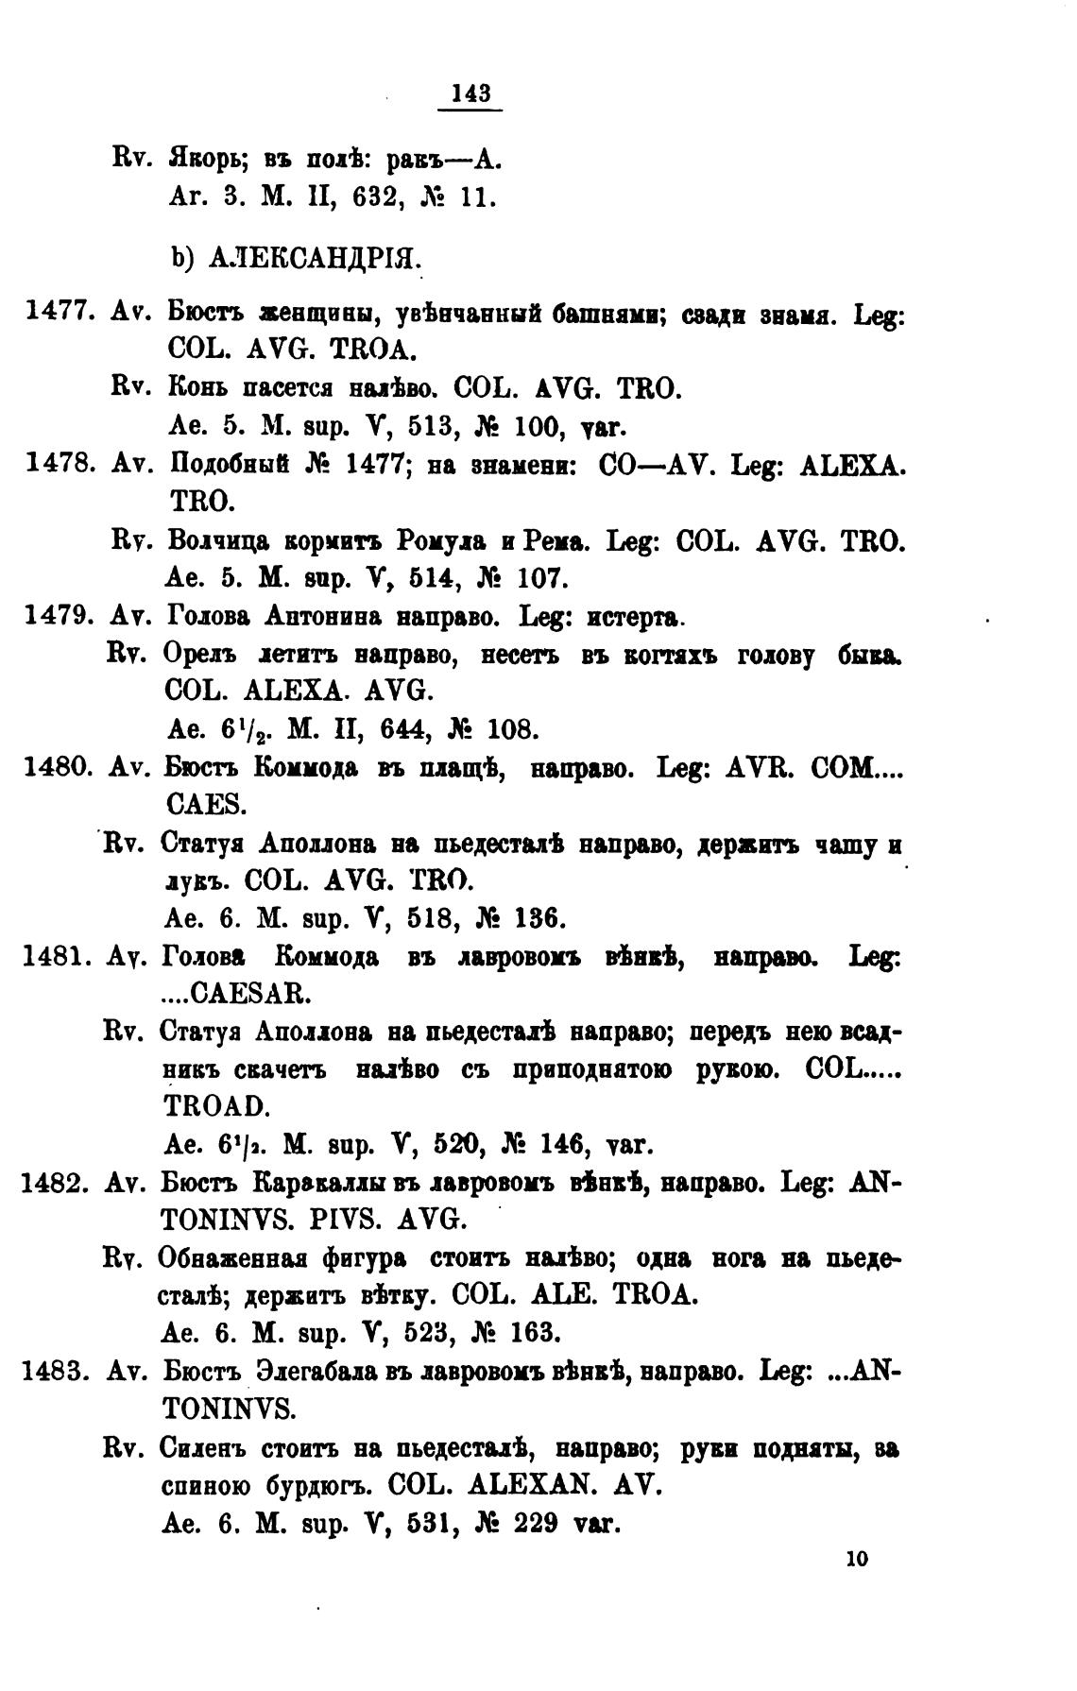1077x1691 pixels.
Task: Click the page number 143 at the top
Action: [x=470, y=93]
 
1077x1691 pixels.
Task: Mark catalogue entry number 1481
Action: [x=56, y=957]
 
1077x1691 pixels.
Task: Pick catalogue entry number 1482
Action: [x=56, y=1183]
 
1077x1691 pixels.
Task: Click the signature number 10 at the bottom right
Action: [x=857, y=1559]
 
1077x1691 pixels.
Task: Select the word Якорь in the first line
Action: [x=207, y=160]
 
